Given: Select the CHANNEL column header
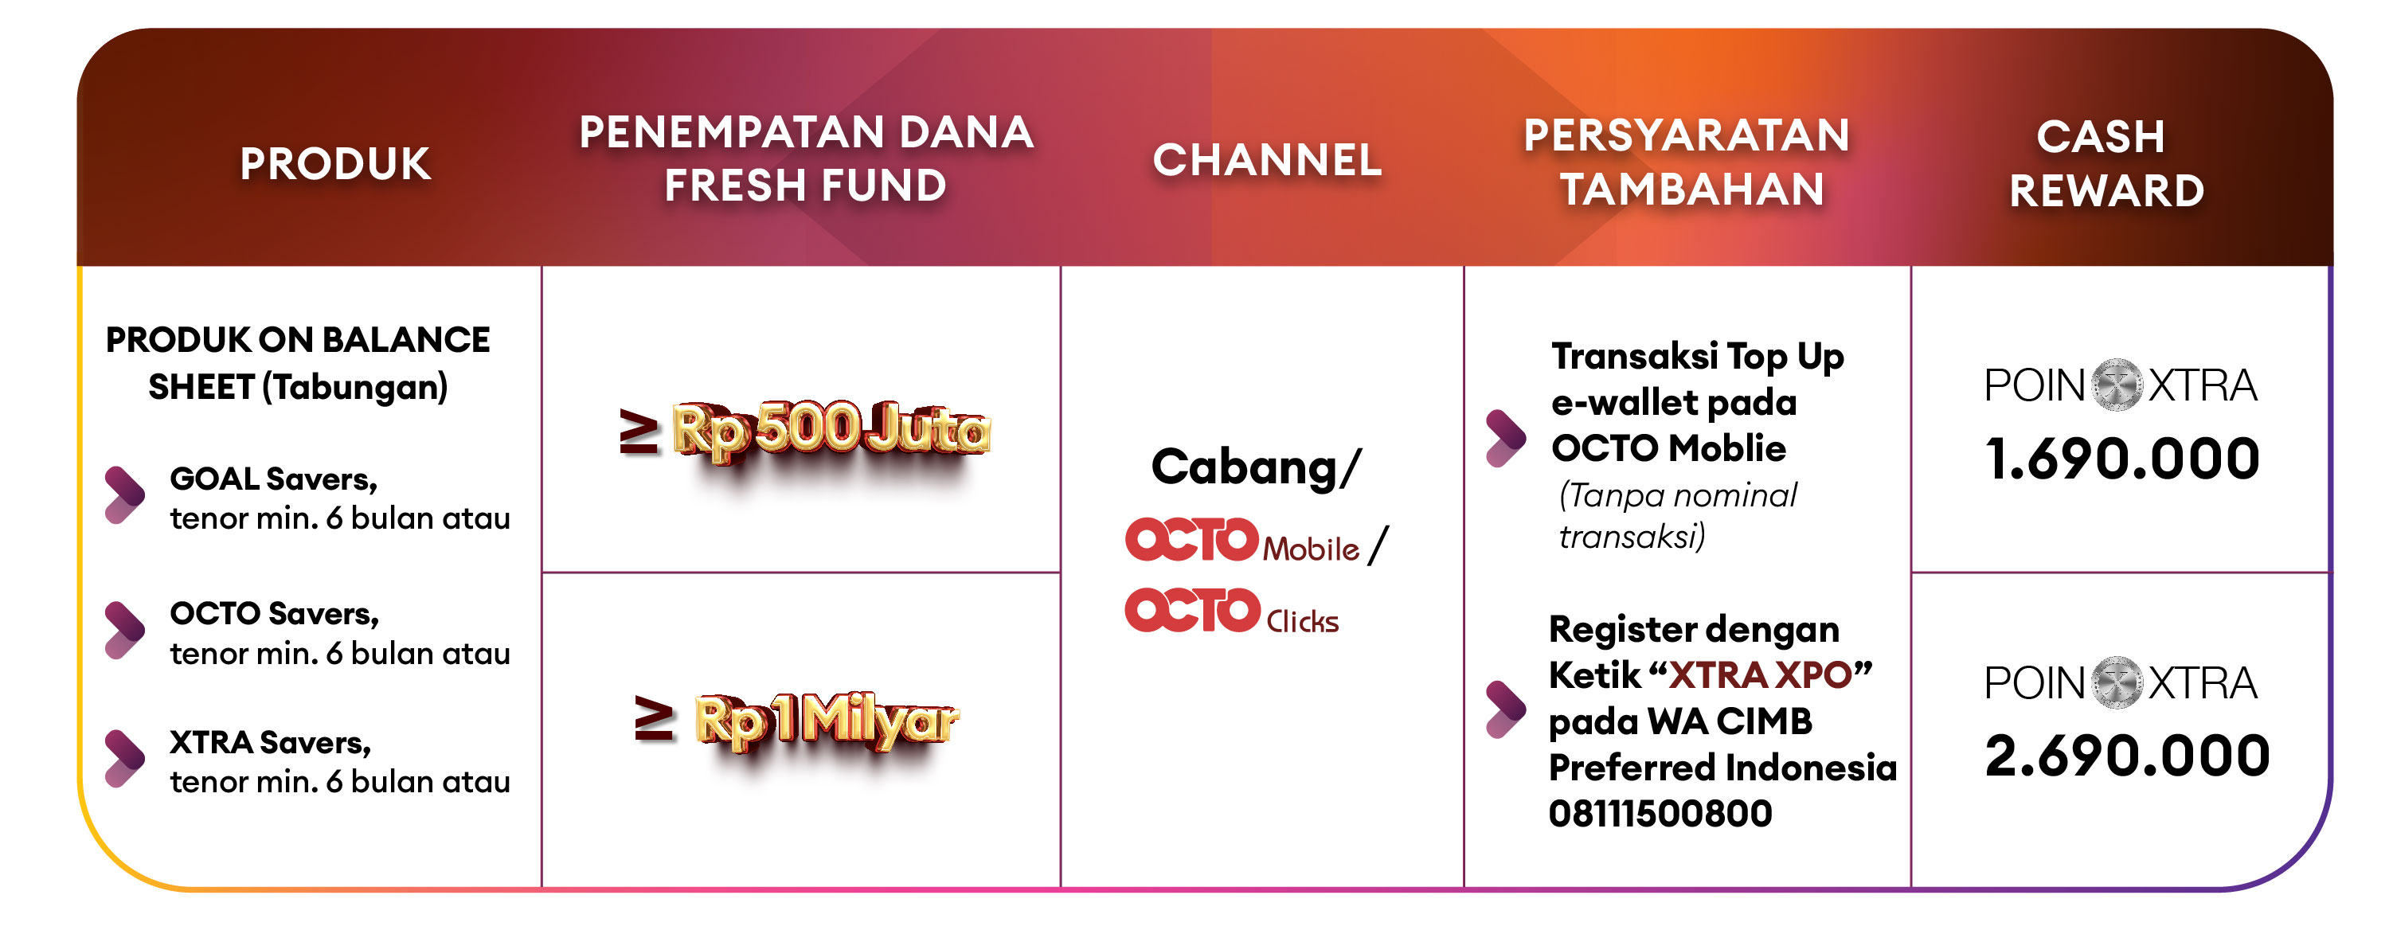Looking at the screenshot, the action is tap(1267, 159).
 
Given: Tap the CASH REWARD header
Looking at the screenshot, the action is tap(2106, 164).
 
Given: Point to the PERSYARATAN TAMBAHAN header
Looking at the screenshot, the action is tap(1687, 162).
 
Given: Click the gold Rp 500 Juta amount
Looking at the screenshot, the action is tap(831, 430).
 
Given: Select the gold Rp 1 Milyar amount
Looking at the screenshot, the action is tap(825, 721).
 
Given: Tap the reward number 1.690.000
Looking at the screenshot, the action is tap(2122, 459).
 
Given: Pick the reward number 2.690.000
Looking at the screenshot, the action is tap(2126, 756).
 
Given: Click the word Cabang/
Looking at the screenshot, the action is tap(1256, 467).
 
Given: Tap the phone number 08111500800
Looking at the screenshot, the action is tap(1660, 814).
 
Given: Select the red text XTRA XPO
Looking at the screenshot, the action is tap(1760, 675).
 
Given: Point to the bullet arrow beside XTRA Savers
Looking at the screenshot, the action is tap(124, 759).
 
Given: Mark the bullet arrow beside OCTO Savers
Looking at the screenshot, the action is tap(124, 630).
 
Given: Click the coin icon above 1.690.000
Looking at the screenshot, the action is tap(2117, 384).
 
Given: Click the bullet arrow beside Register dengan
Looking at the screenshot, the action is tap(1505, 709).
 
